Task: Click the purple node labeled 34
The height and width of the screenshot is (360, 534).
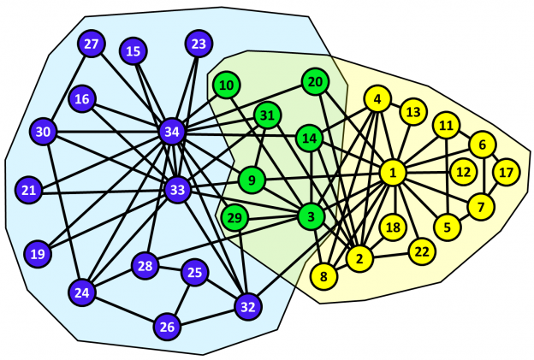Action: click(172, 132)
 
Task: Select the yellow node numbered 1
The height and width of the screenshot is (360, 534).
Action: click(392, 174)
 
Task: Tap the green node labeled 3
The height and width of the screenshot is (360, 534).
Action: click(310, 216)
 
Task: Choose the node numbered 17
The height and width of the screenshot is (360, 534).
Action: click(506, 172)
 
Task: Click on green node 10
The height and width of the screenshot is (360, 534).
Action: click(227, 85)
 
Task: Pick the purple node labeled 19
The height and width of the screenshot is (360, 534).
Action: click(37, 254)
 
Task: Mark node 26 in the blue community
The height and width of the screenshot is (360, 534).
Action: click(167, 326)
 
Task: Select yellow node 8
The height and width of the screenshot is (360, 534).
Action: click(323, 275)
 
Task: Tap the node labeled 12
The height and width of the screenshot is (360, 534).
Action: click(463, 172)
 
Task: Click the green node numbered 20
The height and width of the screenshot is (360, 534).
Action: click(315, 81)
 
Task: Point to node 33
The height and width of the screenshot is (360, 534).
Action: click(177, 189)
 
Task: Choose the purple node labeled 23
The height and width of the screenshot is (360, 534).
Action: click(199, 44)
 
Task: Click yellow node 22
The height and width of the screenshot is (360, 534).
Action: click(420, 251)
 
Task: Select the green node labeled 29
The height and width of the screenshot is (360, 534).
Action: click(234, 218)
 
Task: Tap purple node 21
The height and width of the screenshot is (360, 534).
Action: click(29, 189)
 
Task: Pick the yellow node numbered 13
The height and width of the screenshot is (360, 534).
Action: click(413, 111)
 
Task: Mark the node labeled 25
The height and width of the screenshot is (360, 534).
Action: click(194, 272)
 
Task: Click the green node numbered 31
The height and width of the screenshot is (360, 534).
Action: click(267, 115)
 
